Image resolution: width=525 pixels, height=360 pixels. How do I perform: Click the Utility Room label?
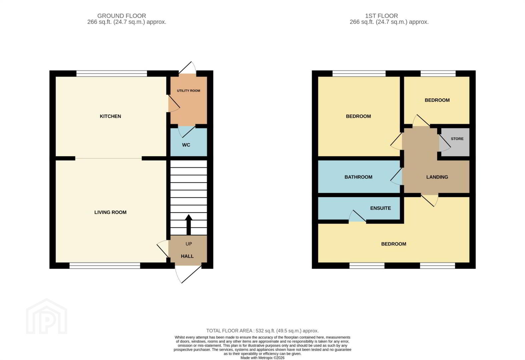(x=188, y=91)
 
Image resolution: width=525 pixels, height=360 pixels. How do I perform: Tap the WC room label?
(x=186, y=145)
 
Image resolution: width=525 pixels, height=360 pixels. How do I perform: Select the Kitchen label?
(x=110, y=116)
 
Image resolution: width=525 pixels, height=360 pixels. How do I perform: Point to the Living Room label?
(x=110, y=212)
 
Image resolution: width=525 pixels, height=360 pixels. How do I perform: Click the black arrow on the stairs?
(x=189, y=225)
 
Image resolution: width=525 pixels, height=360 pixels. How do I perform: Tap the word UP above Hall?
(x=189, y=244)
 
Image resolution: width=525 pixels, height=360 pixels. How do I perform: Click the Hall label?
(x=187, y=256)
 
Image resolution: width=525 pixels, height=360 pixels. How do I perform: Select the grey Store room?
(x=455, y=142)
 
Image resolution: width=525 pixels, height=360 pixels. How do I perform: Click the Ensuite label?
(x=381, y=208)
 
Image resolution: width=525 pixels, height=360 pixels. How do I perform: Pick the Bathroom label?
(x=358, y=177)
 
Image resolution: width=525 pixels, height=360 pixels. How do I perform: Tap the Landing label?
(x=437, y=177)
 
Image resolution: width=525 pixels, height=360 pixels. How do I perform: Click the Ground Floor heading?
(x=122, y=16)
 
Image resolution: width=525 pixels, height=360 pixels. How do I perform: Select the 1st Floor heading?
(x=382, y=16)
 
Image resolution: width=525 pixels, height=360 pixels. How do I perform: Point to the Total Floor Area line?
(x=262, y=331)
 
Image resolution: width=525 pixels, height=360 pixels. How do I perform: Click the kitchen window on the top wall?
(x=111, y=74)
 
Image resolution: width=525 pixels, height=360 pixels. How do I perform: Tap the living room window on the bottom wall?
(x=105, y=266)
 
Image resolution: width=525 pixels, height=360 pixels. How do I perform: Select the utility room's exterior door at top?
(x=187, y=68)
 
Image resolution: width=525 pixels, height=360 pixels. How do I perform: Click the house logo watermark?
(x=47, y=316)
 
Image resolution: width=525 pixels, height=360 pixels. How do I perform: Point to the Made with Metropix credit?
(x=262, y=358)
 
